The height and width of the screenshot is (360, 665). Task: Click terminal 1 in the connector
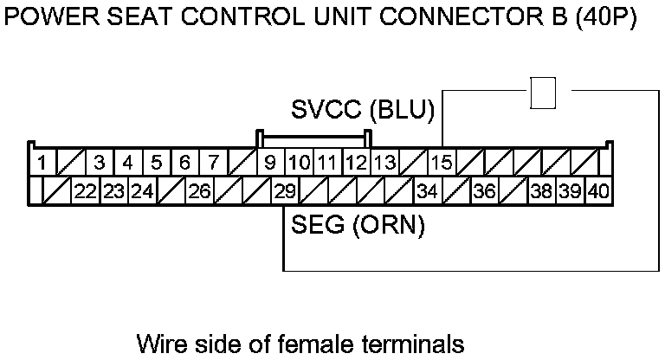pyautogui.click(x=40, y=162)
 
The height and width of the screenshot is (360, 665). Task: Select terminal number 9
pyautogui.click(x=270, y=162)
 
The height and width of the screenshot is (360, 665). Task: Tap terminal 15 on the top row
pyautogui.click(x=442, y=162)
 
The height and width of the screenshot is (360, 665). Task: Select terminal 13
pyautogui.click(x=384, y=162)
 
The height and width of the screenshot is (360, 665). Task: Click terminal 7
pyautogui.click(x=213, y=162)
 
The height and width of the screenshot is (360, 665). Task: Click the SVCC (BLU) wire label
pyautogui.click(x=362, y=111)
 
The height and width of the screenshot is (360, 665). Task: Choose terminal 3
pyautogui.click(x=100, y=162)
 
